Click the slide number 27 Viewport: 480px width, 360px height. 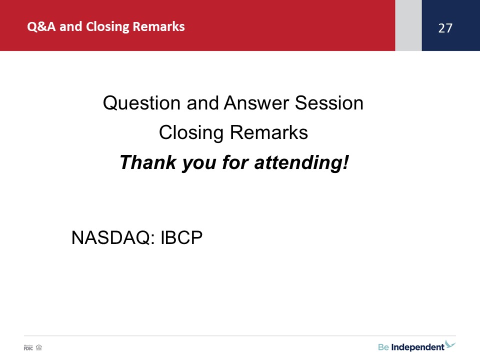click(445, 28)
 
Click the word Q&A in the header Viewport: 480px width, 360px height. click(41, 26)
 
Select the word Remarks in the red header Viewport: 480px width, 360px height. click(158, 26)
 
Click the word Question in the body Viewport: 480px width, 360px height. click(141, 103)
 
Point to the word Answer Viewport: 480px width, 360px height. click(256, 103)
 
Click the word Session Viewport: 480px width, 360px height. click(329, 103)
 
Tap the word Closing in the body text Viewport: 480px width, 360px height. click(191, 132)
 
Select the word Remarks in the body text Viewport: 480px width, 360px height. click(269, 132)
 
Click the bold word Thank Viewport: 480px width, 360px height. click(148, 162)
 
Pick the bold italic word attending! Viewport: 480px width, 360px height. click(301, 162)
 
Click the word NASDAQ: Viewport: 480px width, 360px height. click(113, 237)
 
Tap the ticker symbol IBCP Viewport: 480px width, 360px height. click(181, 237)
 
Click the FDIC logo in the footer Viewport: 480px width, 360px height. click(28, 347)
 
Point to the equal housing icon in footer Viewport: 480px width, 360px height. click(39, 347)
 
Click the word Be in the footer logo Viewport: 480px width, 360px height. click(383, 347)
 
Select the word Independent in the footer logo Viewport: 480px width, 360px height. click(417, 347)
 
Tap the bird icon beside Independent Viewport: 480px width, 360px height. click(450, 344)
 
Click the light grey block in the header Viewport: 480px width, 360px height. click(408, 25)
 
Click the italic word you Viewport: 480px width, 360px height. click(199, 163)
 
